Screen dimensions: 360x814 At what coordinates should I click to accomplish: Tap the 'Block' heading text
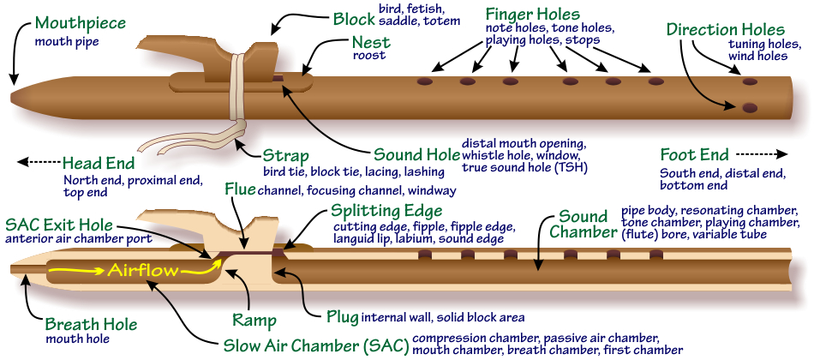[354, 17]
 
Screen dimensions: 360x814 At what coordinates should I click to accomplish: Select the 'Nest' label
[371, 42]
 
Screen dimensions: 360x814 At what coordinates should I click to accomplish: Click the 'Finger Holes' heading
[532, 15]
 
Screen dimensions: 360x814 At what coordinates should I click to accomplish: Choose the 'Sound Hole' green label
[416, 155]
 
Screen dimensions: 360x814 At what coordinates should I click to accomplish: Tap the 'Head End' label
[98, 163]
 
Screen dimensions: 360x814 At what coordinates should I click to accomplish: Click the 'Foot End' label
[694, 155]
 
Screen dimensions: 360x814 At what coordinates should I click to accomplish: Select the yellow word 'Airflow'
[143, 271]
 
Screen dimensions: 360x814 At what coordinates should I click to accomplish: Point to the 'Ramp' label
[254, 321]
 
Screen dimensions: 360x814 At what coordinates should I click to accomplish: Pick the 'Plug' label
[342, 316]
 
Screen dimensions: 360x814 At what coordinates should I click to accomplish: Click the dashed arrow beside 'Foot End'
[760, 155]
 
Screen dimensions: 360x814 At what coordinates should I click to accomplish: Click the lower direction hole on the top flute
[750, 107]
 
